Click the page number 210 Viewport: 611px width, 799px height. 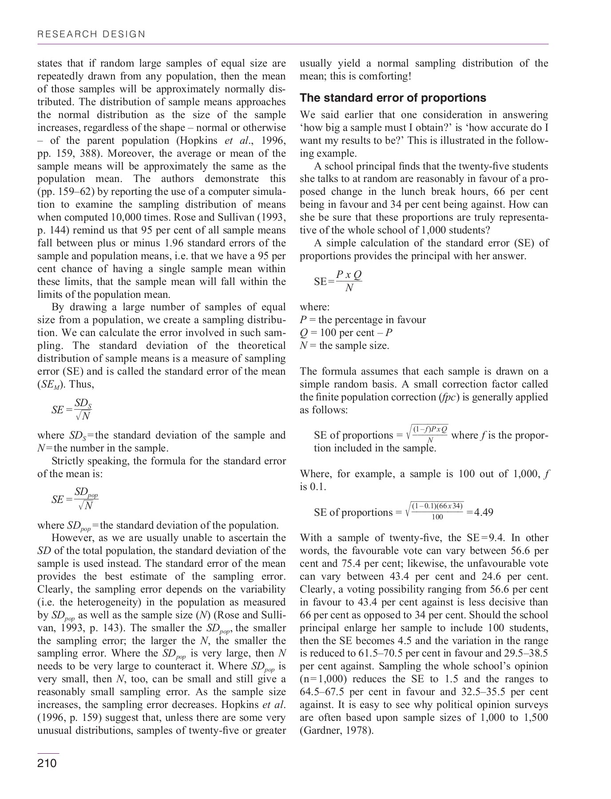point(47,763)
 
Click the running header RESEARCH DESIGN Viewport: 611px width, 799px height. point(91,34)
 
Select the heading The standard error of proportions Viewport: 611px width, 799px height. point(393,98)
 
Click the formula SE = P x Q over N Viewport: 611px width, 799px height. point(338,281)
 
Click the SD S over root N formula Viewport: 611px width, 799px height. point(72,409)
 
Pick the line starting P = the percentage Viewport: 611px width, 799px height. point(363,320)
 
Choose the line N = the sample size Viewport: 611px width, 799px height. point(345,346)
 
